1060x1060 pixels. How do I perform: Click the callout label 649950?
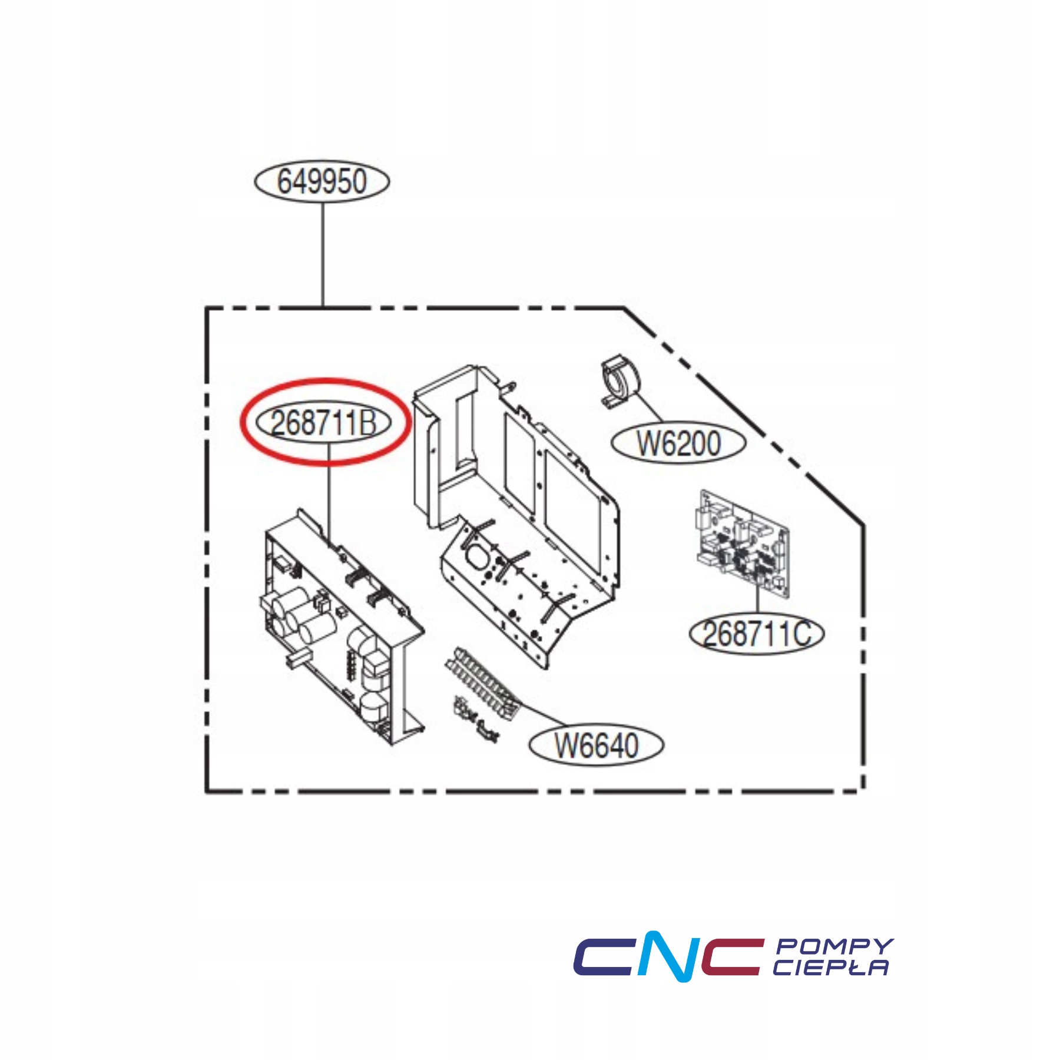coord(322,181)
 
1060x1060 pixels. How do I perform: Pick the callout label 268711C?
coord(757,634)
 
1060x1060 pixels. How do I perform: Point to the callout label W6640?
coord(597,746)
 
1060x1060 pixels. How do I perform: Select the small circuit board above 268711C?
coord(743,544)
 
